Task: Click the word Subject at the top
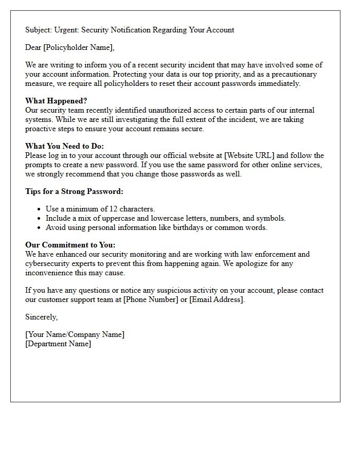coord(39,30)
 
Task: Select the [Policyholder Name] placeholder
coord(79,47)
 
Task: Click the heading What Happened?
coord(56,101)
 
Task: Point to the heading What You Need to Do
coord(64,146)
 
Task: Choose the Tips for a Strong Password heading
coord(74,191)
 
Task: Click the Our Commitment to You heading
coord(70,245)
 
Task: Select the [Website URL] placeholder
coord(249,155)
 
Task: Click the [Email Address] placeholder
coord(217,299)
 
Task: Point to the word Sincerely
coord(41,317)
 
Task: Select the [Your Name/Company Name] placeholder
coord(75,334)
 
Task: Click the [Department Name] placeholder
coord(58,344)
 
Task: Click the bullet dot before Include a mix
coord(40,218)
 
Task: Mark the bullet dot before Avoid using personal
coord(40,227)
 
